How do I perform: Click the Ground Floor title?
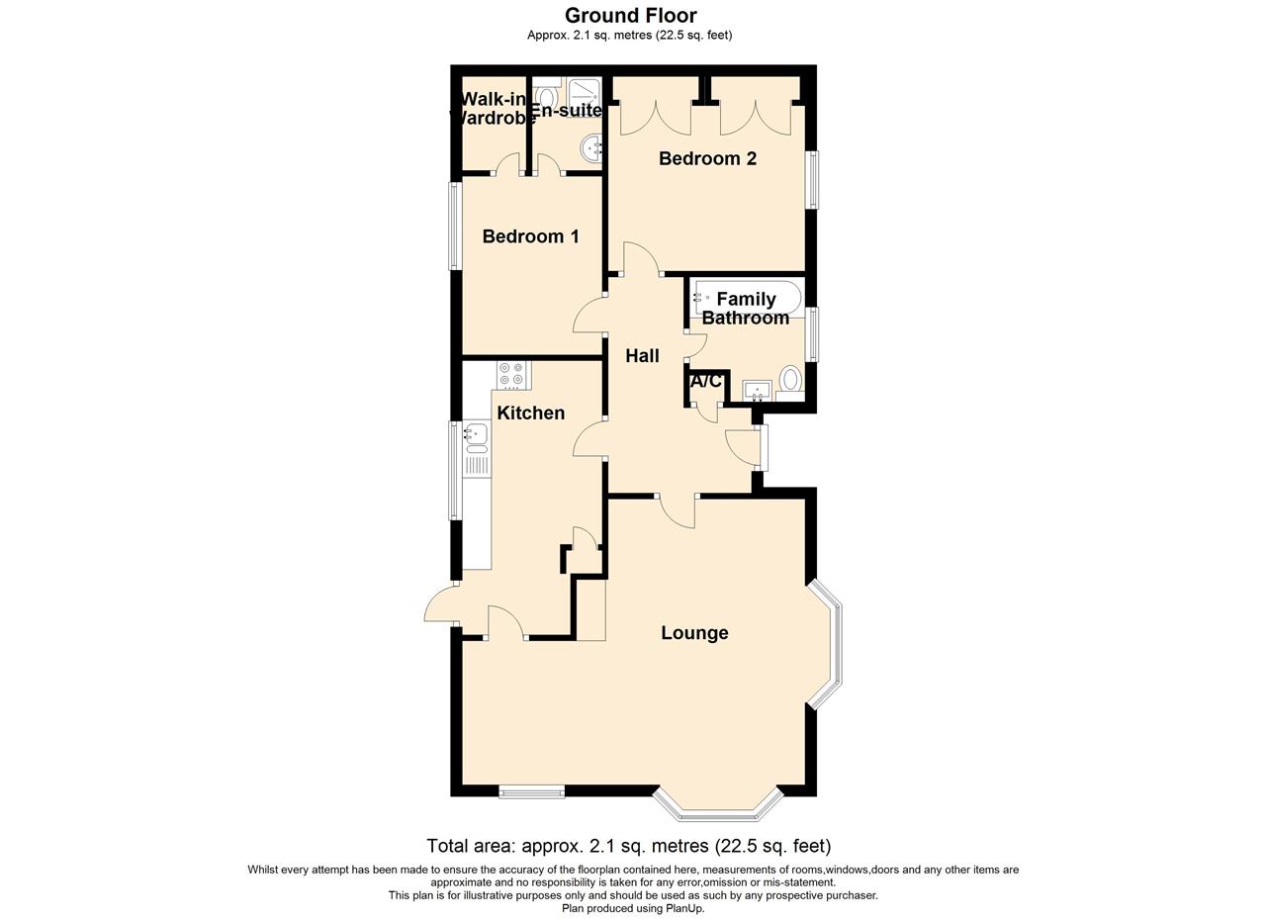[630, 15]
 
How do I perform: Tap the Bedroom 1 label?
[530, 236]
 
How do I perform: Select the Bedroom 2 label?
[707, 158]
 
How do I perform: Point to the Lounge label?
[694, 633]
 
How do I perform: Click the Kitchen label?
[530, 413]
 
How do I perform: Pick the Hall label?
[642, 356]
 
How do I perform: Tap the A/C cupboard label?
[705, 381]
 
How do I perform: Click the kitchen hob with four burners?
[512, 374]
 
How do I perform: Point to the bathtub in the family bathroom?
[747, 297]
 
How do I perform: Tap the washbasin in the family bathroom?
[758, 390]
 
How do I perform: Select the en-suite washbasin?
[592, 148]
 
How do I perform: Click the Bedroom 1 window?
[455, 226]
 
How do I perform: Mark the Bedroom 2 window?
[813, 180]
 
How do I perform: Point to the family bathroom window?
[813, 334]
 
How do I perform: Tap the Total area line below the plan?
[629, 846]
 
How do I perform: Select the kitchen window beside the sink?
[455, 470]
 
